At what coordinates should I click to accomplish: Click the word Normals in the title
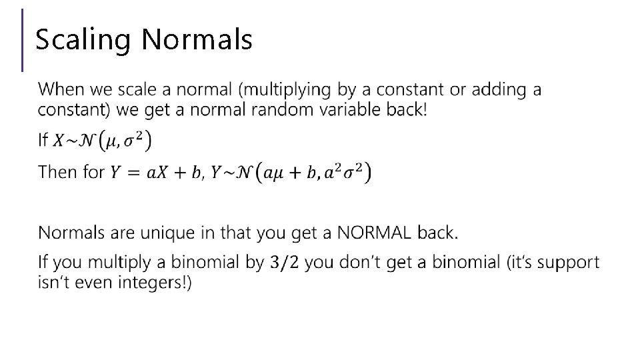pyautogui.click(x=197, y=40)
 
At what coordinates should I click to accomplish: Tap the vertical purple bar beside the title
pyautogui.click(x=23, y=40)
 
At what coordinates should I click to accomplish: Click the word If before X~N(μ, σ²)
pyautogui.click(x=43, y=140)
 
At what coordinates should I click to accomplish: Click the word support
pyautogui.click(x=569, y=262)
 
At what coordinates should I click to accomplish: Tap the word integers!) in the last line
pyautogui.click(x=153, y=283)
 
